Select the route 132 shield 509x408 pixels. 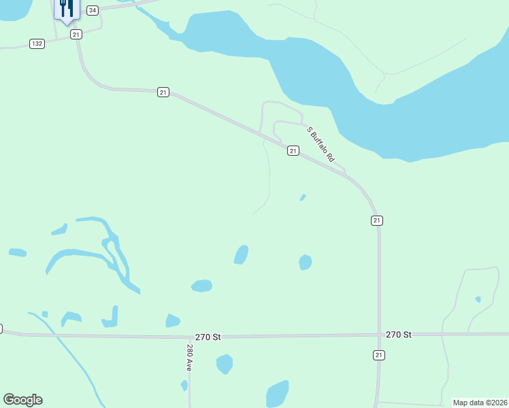click(37, 44)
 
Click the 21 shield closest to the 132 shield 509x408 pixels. click(76, 34)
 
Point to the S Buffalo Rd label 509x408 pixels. click(321, 143)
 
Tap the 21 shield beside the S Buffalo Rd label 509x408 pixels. click(293, 150)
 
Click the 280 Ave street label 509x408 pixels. click(190, 358)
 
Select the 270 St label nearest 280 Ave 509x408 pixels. click(208, 337)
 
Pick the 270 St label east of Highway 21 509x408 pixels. click(399, 335)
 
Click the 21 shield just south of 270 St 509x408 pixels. click(379, 355)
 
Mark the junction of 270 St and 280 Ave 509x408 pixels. click(189, 337)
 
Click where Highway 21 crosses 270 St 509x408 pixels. click(379, 335)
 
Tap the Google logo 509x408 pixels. click(22, 399)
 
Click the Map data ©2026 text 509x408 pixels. click(479, 403)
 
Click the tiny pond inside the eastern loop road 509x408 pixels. click(478, 299)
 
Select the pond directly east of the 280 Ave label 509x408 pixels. click(225, 364)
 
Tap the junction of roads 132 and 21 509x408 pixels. click(77, 39)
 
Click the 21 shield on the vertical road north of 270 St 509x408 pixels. click(377, 220)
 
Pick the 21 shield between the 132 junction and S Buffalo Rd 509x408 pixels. click(163, 92)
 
